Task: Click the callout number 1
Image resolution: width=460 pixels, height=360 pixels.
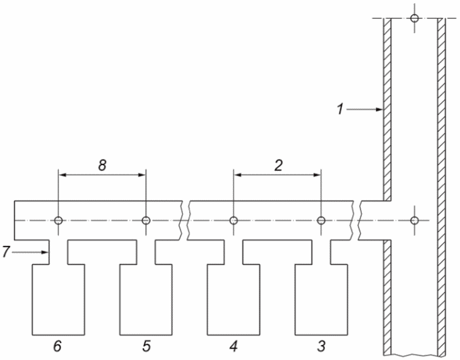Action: pos(340,109)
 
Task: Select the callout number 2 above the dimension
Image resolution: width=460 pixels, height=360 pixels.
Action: pos(278,165)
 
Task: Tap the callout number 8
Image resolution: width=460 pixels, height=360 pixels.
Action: pos(102,165)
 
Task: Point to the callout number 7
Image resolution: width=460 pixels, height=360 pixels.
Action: pos(6,252)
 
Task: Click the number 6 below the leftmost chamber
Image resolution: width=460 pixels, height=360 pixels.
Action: pos(57,346)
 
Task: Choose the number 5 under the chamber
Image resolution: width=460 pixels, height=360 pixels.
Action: pos(146,346)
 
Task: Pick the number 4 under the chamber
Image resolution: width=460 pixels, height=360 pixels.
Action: pos(233,346)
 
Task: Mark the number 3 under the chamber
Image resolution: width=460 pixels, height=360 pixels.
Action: pos(322,346)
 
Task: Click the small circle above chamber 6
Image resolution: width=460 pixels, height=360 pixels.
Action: pos(59,220)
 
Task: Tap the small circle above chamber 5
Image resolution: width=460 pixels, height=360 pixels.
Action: pos(146,220)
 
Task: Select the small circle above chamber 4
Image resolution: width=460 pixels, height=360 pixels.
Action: pos(233,220)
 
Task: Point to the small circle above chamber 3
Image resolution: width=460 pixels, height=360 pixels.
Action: pos(321,220)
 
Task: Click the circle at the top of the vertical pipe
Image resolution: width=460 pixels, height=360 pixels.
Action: pos(414,18)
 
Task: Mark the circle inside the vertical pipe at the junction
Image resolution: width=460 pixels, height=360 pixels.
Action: pos(414,220)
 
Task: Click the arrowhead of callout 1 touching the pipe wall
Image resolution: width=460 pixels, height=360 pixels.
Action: pos(380,109)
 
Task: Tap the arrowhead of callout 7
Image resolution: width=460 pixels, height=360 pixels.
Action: pos(45,252)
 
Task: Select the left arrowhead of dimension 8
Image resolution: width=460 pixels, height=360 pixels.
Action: pos(62,175)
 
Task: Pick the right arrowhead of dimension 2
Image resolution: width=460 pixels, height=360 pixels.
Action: pos(317,175)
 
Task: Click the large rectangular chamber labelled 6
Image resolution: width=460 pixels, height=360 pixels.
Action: pos(59,299)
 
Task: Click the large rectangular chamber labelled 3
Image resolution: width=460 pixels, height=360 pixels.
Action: pos(321,299)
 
